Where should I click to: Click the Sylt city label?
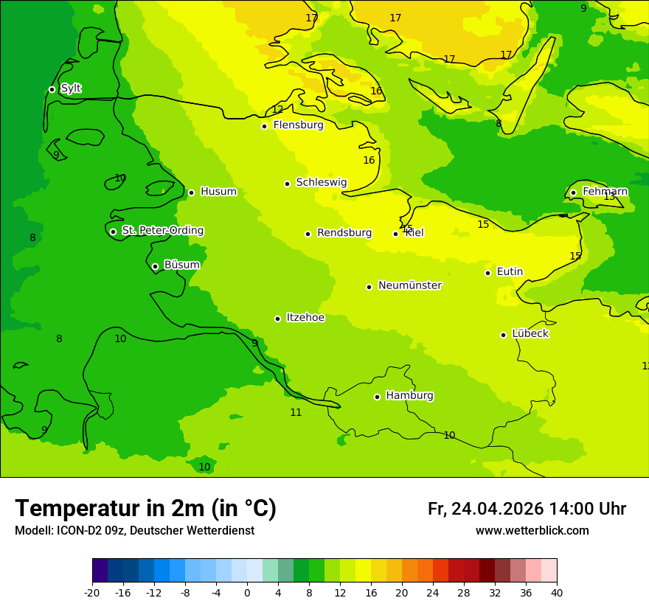coord(71,88)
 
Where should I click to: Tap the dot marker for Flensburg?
coord(264,126)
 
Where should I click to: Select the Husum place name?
coord(218,192)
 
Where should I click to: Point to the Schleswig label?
coord(321,182)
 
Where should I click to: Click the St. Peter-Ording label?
coord(162,231)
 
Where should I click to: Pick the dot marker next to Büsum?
coord(155,266)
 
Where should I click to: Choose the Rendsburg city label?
coord(344,233)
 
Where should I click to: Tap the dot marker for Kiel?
coord(395,234)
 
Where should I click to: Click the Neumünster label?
coord(409,285)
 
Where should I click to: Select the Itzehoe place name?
coord(305,318)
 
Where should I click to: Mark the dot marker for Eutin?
coord(487,273)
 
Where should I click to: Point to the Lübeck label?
coord(530,333)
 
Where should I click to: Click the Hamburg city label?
coord(409,395)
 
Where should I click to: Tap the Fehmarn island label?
coord(605,192)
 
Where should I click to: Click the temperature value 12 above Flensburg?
coord(277,110)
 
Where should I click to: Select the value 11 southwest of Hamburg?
coord(296,413)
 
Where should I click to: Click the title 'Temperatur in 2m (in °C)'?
coord(145,508)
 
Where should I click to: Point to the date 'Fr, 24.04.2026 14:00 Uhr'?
coord(527,509)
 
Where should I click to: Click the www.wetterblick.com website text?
coord(532,531)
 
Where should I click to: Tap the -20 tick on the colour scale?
coord(92,593)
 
